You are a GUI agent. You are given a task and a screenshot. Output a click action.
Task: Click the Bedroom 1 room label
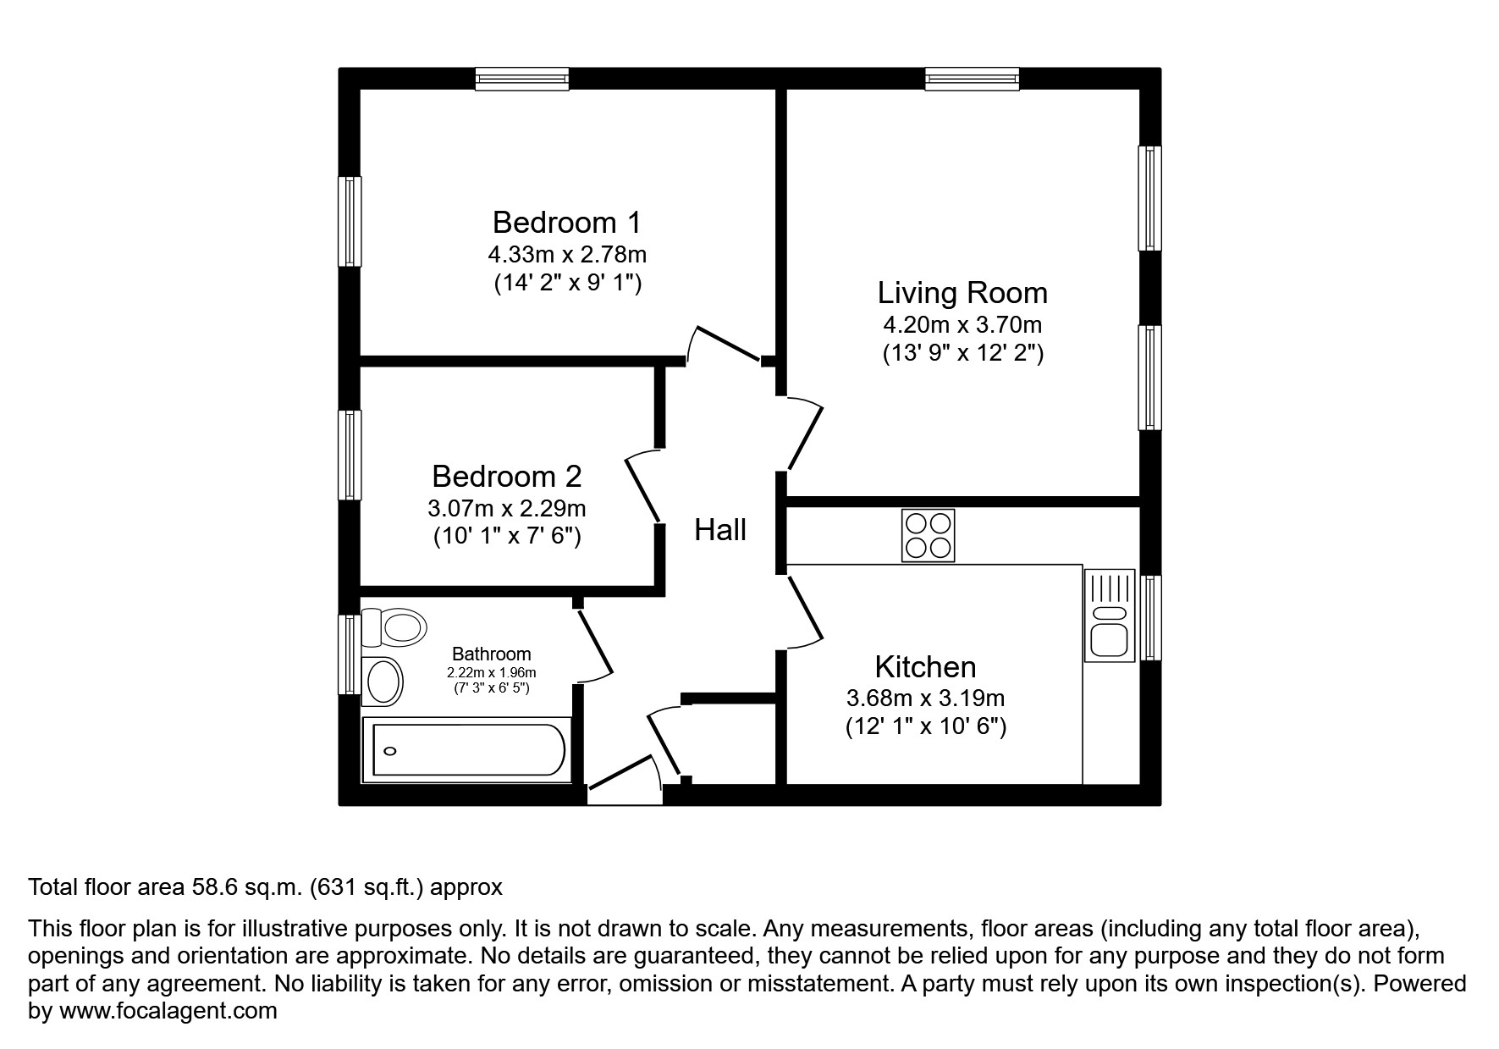566,223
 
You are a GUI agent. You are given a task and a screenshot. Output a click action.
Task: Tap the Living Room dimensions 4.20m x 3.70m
962,324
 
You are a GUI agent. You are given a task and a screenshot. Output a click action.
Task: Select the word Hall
720,530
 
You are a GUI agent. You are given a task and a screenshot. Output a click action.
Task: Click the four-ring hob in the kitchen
928,535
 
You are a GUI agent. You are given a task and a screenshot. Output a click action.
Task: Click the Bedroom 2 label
506,477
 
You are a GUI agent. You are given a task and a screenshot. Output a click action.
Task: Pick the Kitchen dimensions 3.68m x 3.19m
925,698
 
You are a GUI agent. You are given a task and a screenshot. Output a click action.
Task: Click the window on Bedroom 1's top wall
521,80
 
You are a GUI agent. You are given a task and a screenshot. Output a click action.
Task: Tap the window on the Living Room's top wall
972,80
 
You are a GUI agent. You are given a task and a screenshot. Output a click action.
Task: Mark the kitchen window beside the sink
1150,617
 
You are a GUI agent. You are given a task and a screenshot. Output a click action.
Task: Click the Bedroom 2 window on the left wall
350,455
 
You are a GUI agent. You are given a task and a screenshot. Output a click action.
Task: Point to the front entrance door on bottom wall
625,784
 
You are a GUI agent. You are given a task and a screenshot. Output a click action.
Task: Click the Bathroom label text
491,654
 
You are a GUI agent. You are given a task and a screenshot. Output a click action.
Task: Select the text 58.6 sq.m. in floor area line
245,887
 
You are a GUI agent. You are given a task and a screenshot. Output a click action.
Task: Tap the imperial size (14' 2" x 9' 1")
567,283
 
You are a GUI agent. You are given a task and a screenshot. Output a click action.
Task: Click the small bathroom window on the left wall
349,654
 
